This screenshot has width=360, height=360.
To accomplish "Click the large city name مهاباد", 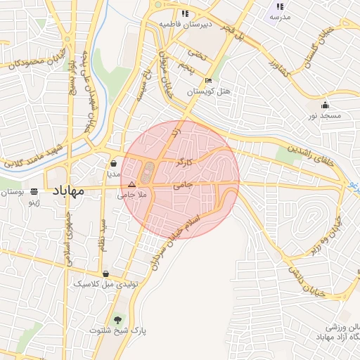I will coord(67,191).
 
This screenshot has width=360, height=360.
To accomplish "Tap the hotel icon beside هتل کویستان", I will coord(208,80).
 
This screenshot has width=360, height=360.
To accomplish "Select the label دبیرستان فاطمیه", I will coord(186,24).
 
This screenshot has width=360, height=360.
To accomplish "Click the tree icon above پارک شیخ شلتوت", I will coord(117,319).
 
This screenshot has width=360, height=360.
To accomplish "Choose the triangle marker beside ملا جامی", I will coord(131,184).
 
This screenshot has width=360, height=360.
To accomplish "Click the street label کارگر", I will coord(184,162).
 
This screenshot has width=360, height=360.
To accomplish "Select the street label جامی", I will coord(182,184).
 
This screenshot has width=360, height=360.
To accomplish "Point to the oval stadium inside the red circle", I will coord(147,171).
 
